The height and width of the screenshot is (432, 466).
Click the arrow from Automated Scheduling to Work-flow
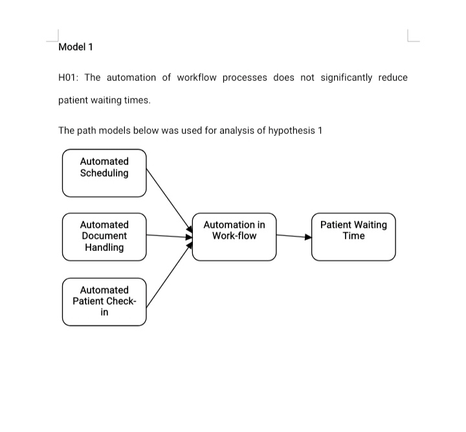[x=170, y=200]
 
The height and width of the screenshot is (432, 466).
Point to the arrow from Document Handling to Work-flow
[x=170, y=236]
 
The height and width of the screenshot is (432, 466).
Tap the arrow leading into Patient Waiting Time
[x=294, y=236]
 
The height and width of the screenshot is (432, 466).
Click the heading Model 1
[x=76, y=47]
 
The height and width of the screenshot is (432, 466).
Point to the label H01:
[x=68, y=78]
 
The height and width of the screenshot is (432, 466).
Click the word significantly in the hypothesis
[x=346, y=78]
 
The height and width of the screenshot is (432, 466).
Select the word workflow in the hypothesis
[x=196, y=78]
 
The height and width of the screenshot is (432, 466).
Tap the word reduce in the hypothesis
[x=393, y=78]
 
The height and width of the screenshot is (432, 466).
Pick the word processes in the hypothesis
[x=245, y=78]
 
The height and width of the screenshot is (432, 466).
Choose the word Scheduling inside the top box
[x=104, y=173]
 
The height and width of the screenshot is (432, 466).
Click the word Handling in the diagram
[x=104, y=247]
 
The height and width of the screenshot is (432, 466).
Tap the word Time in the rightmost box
[x=353, y=236]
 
